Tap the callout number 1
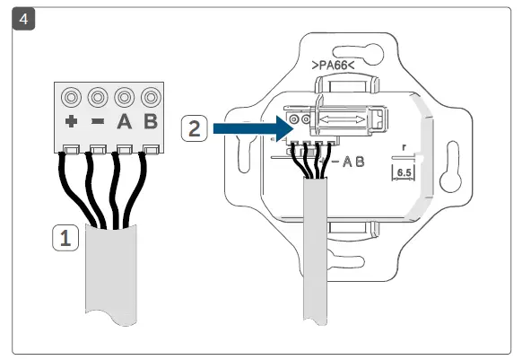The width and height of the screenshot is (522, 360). click(64, 239)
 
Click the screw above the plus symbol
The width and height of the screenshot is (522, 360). click(71, 97)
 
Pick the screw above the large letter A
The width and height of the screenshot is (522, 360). click(125, 97)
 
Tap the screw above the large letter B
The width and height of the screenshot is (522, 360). click(151, 97)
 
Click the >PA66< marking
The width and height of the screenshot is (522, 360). click(334, 66)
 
